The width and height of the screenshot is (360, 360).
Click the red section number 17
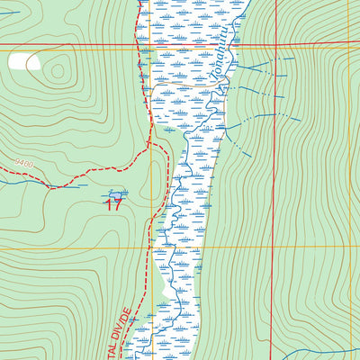[x=112, y=204]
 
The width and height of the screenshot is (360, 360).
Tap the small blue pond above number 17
[x=114, y=193]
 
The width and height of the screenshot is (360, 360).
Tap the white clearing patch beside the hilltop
[x=23, y=61]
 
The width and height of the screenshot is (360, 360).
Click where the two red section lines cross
[x=274, y=45]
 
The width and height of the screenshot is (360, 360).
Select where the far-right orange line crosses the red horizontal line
[x=349, y=45]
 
